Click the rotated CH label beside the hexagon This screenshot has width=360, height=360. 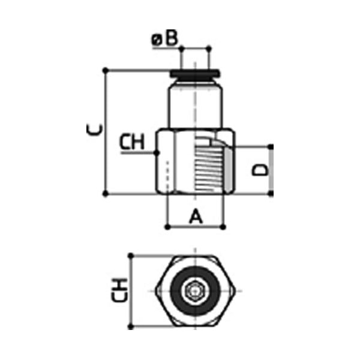click(x=121, y=291)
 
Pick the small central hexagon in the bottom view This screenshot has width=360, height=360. click(x=195, y=291)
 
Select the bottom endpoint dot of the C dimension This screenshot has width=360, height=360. click(x=106, y=194)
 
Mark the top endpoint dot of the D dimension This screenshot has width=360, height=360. click(x=271, y=146)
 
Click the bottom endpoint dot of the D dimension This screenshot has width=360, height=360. click(x=271, y=194)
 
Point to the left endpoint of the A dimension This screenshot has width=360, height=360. click(x=167, y=226)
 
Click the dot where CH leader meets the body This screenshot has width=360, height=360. click(x=156, y=153)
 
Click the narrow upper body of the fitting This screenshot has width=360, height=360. click(x=195, y=105)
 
